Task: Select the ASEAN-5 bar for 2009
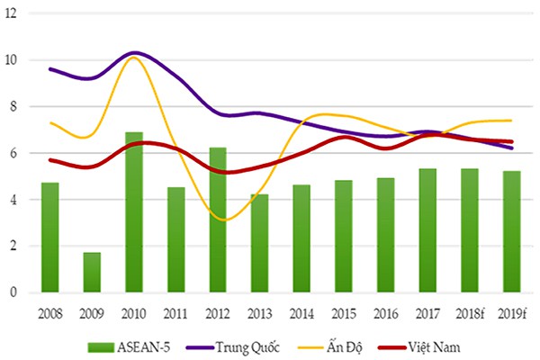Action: coord(92,272)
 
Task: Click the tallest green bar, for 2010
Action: coord(134,212)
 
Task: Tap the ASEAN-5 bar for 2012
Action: coord(218,220)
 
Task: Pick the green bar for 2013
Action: coord(260,243)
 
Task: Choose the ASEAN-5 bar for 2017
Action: coord(427,230)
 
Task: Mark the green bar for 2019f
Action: coord(512,231)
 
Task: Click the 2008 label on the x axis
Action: coord(50,314)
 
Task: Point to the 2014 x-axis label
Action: coord(301,314)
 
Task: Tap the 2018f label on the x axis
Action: coord(470,314)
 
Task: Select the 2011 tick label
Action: coord(175,314)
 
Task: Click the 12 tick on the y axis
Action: coord(11,13)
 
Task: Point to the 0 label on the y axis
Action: coord(13,292)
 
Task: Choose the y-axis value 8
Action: coord(13,106)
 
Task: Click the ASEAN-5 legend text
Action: coord(144,347)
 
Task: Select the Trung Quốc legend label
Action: coord(247,347)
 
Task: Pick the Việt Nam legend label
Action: coord(435,346)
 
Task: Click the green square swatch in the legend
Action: coord(101,347)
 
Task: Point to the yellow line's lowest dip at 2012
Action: coord(224,220)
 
